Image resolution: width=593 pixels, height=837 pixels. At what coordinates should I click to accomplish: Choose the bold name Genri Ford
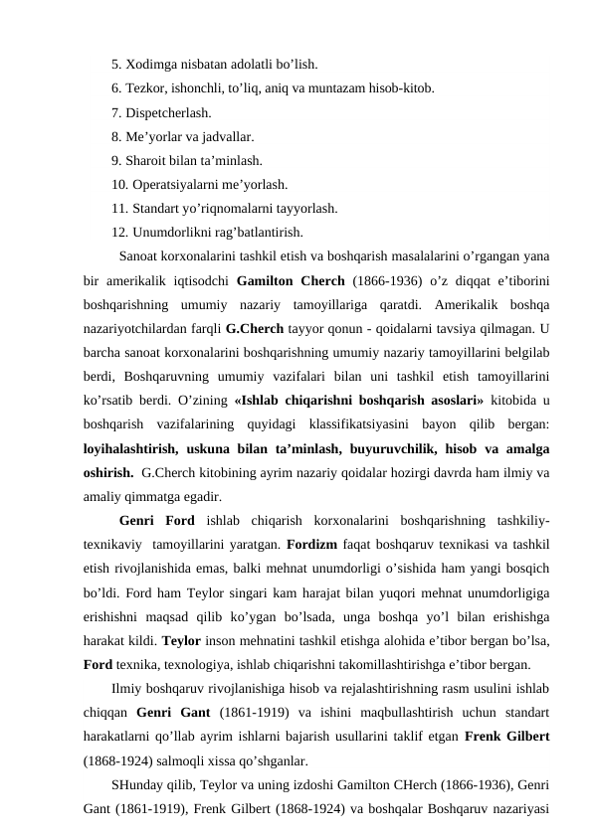[156, 519]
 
